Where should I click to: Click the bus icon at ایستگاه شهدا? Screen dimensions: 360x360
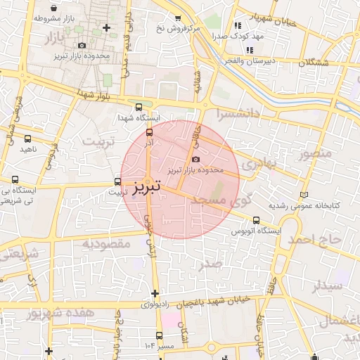139,107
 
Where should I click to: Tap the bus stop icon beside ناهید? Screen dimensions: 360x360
27,139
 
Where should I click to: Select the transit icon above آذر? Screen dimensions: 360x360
148,131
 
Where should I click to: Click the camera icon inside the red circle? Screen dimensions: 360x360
195,159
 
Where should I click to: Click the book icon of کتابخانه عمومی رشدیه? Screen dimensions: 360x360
304,195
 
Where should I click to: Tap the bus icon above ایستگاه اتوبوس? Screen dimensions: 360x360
255,219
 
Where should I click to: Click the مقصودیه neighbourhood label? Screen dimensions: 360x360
108,243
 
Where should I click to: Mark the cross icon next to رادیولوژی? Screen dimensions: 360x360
155,293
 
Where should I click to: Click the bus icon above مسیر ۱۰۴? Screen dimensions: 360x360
159,335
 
